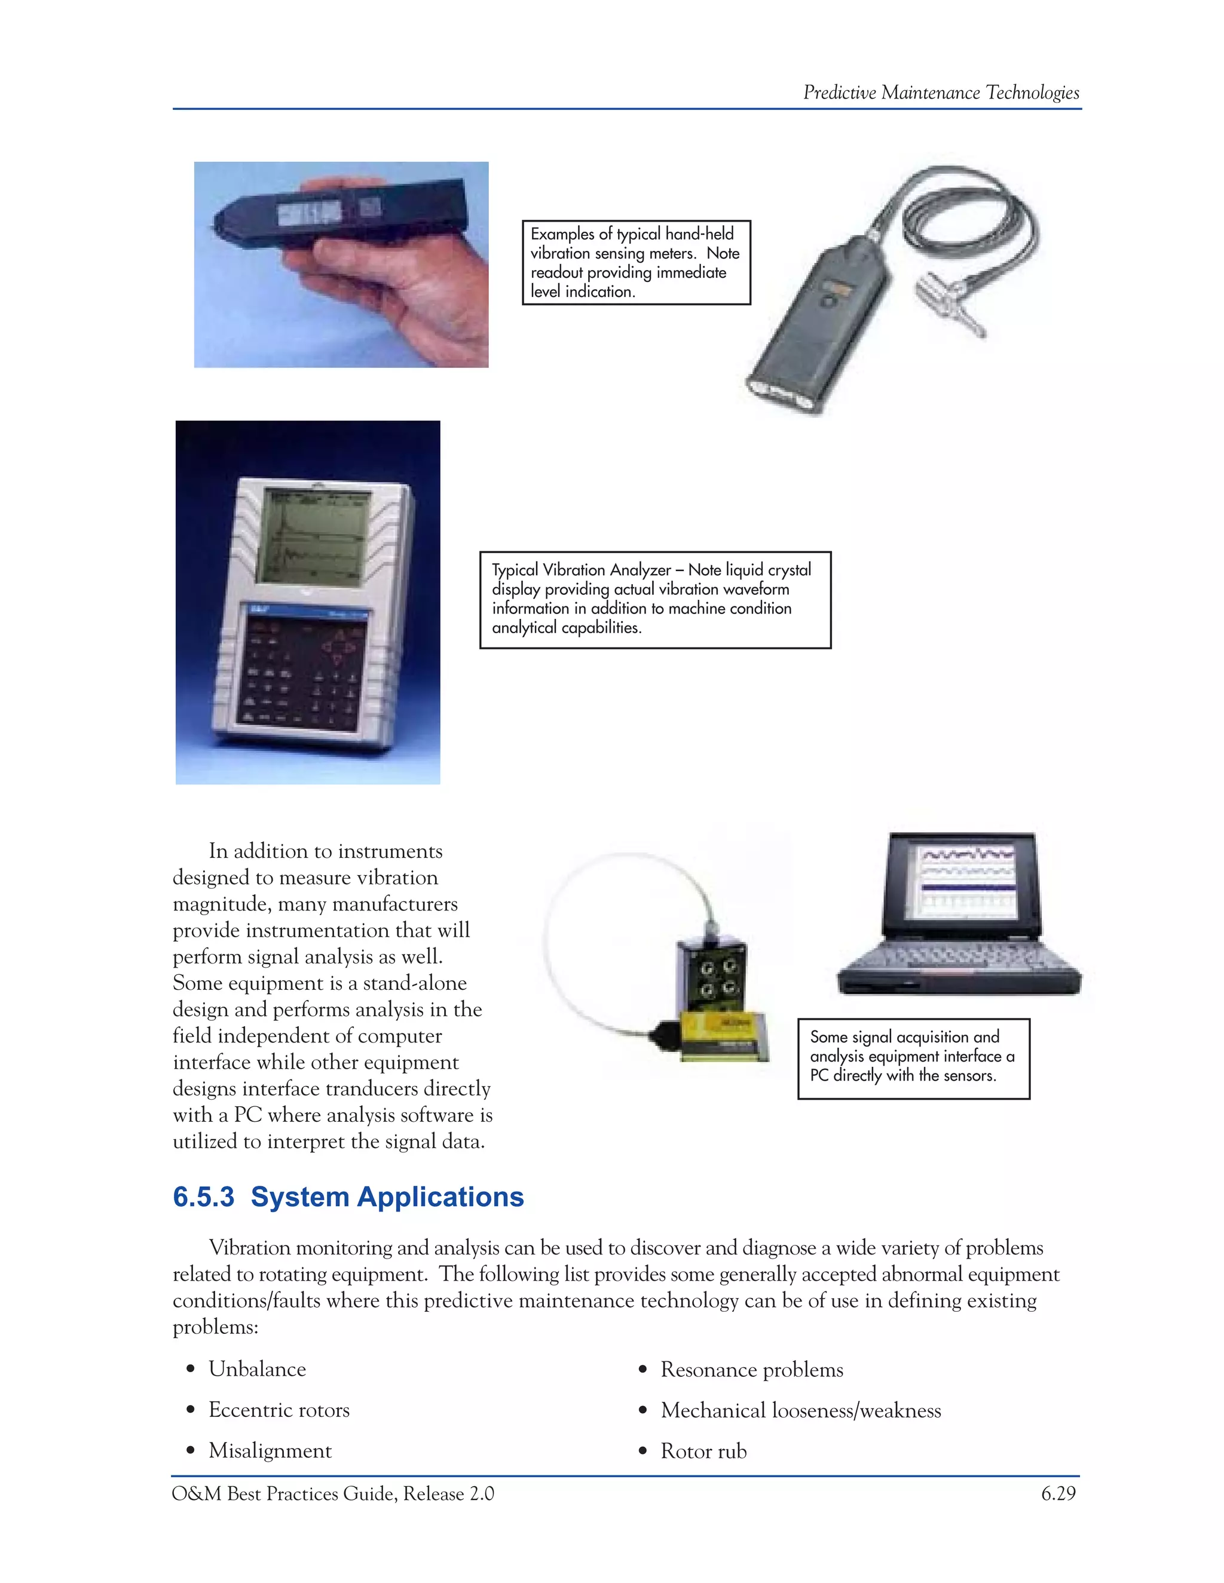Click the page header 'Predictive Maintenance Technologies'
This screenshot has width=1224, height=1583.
click(941, 93)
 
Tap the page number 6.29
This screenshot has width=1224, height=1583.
click(1058, 1493)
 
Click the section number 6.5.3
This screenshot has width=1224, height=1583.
click(204, 1197)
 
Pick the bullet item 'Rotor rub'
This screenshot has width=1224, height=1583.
click(703, 1451)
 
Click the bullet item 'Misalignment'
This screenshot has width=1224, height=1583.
click(270, 1450)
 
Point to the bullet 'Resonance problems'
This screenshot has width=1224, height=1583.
click(751, 1370)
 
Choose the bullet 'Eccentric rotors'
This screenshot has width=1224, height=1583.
click(279, 1410)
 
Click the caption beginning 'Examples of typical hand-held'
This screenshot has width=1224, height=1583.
click(635, 262)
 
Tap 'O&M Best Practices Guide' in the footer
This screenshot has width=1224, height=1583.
click(283, 1493)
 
